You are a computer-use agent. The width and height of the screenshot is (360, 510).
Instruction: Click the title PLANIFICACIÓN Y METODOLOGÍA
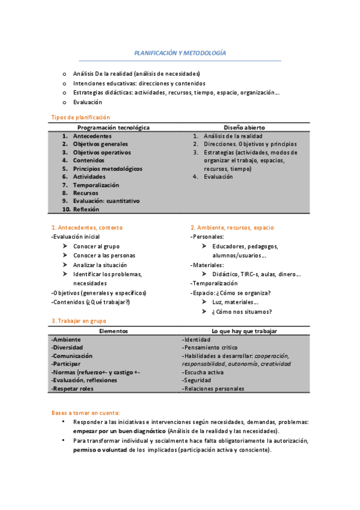pos(180,53)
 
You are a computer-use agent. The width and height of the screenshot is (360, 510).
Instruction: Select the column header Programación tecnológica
pos(114,127)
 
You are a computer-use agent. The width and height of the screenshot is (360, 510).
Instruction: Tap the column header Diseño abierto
pos(244,127)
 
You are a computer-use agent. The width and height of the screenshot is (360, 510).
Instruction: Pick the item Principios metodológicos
pos(108,169)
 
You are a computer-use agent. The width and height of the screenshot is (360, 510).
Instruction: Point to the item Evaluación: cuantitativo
pos(106,201)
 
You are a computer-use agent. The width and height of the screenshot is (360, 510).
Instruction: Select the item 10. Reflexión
pos(81,209)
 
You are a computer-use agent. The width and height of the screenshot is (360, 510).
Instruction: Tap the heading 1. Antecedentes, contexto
pos(87,227)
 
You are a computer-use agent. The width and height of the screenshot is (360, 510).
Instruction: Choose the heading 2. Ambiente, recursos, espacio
pos(232,227)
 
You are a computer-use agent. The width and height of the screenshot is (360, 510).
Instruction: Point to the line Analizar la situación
pos(100,265)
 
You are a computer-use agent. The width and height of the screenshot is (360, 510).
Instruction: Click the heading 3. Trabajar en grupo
pos(78,321)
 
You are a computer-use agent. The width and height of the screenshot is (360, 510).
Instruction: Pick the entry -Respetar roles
pos(73,389)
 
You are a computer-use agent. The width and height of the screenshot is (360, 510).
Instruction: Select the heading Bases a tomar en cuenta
pos(85,413)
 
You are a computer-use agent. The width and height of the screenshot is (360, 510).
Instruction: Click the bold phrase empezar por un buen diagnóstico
pos(120,431)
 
